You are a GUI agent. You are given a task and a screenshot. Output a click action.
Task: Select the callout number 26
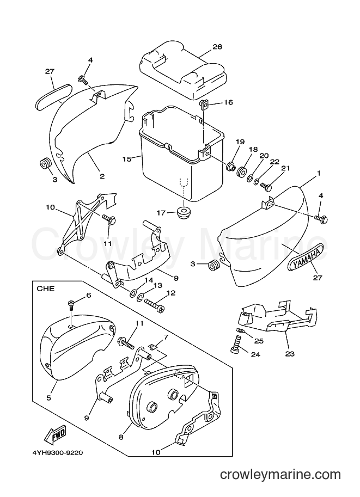pyautogui.click(x=217, y=47)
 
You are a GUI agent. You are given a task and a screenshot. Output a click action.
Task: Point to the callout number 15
pyautogui.click(x=127, y=159)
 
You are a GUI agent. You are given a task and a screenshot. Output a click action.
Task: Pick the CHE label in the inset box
pyautogui.click(x=46, y=289)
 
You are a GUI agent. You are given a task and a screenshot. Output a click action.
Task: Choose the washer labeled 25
pyautogui.click(x=240, y=331)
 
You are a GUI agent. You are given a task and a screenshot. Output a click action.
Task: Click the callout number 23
pyautogui.click(x=290, y=354)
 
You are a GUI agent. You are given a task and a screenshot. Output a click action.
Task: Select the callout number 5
pyautogui.click(x=48, y=397)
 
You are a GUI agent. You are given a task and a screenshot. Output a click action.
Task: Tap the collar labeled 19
pyautogui.click(x=230, y=166)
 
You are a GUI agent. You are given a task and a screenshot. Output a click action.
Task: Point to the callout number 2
pyautogui.click(x=102, y=176)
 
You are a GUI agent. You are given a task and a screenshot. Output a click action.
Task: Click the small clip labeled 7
pyautogui.click(x=152, y=348)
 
